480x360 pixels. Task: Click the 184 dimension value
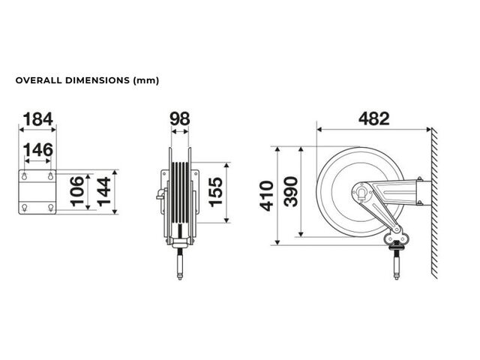[38, 119]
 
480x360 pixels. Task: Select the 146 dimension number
[38, 150]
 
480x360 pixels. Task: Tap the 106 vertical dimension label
[77, 190]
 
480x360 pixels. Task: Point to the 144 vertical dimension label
[103, 191]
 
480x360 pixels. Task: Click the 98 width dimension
[180, 118]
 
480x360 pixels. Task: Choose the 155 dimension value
[215, 192]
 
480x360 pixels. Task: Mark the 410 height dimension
[266, 196]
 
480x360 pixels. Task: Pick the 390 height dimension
[290, 192]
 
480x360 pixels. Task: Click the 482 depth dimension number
[373, 118]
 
